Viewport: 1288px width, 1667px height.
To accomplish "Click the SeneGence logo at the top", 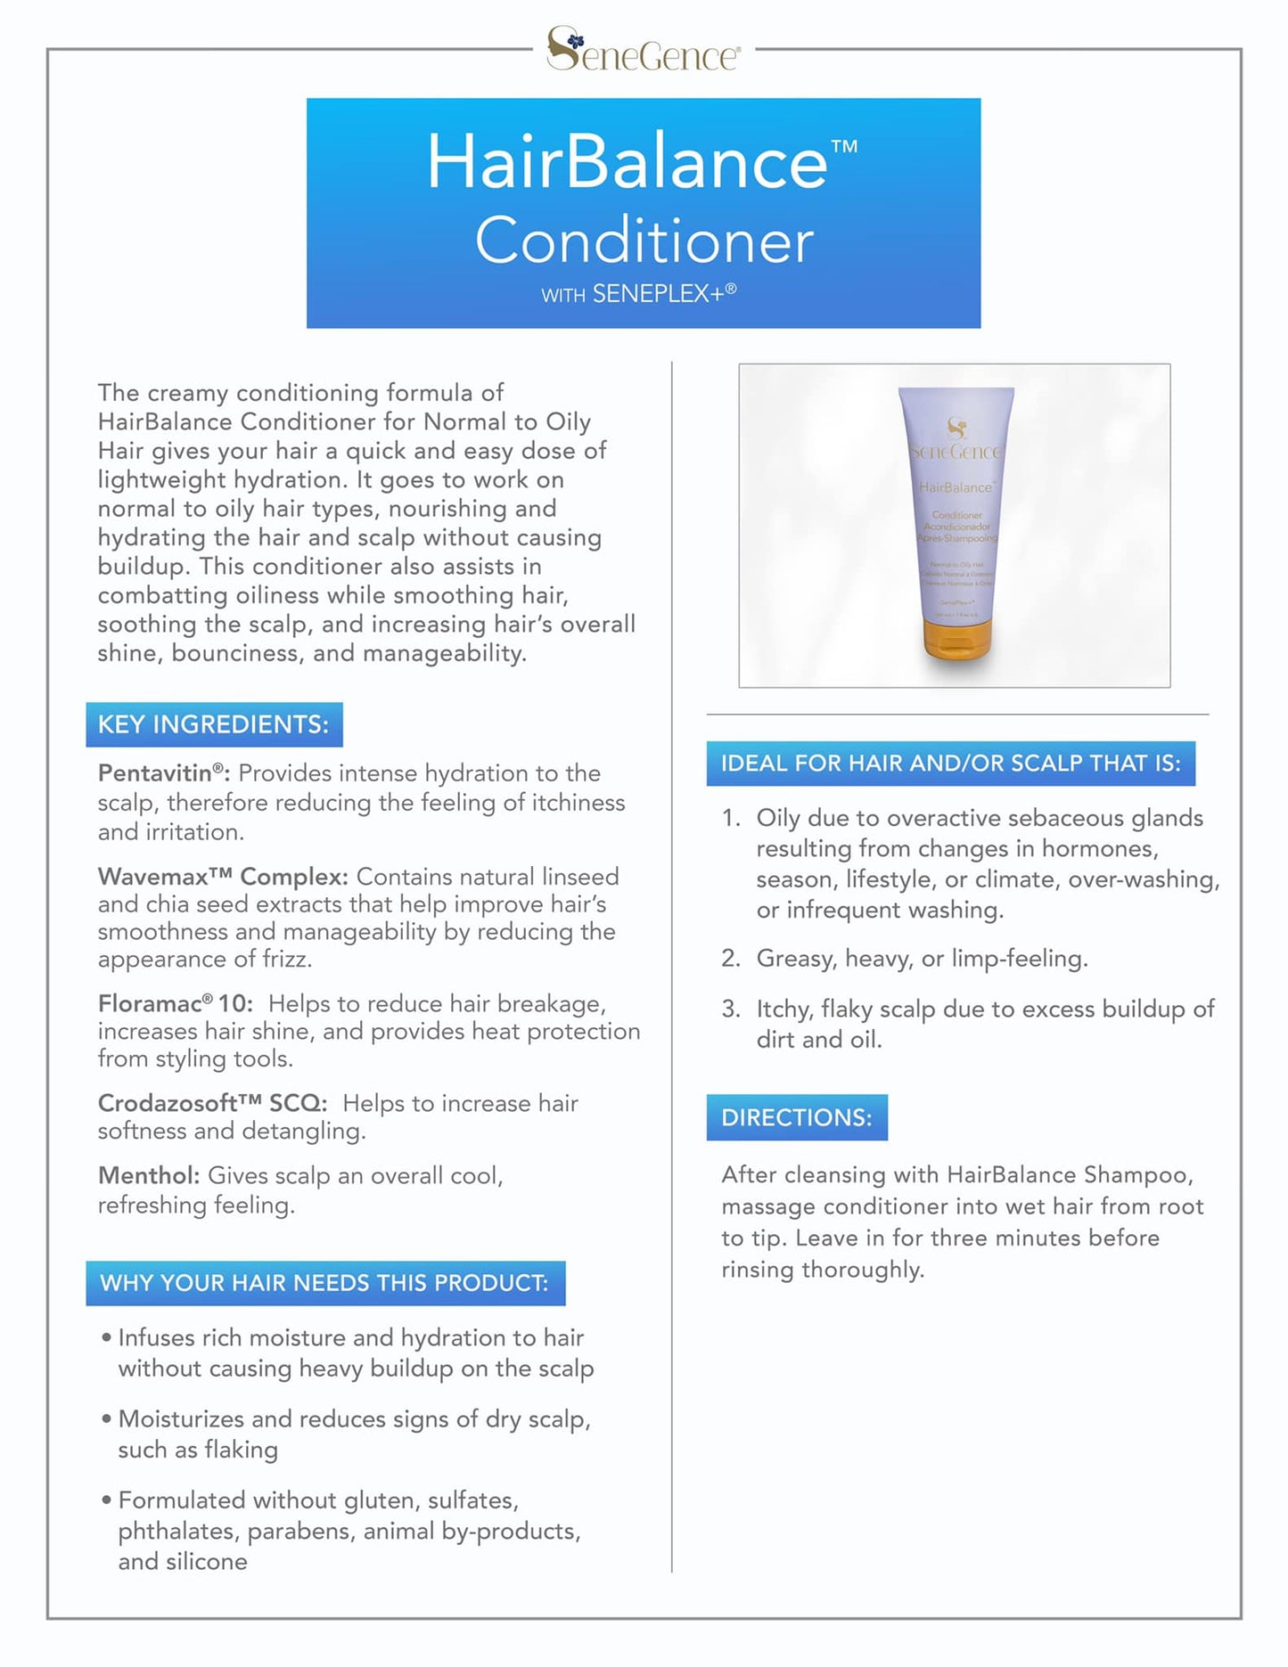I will point(643,50).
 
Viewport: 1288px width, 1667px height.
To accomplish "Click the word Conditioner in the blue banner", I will point(644,241).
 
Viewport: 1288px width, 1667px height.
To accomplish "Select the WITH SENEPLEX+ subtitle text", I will point(638,294).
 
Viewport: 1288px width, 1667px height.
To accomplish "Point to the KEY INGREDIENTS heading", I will point(214,724).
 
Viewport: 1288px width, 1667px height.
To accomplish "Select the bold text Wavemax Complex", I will point(222,877).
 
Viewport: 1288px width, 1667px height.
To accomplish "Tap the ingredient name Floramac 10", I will point(175,1004).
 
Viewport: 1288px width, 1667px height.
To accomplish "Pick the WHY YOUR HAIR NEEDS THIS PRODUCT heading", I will point(324,1283).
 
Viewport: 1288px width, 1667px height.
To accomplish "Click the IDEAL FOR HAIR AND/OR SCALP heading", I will point(950,764).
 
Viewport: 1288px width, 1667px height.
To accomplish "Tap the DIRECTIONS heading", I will point(797,1117).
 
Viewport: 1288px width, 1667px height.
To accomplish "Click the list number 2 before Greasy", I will point(730,959).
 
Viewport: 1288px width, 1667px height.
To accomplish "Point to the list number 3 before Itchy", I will point(730,1009).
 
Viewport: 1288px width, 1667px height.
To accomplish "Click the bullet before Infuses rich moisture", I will point(106,1338).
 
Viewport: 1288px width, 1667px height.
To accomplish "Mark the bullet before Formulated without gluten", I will point(106,1501).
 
